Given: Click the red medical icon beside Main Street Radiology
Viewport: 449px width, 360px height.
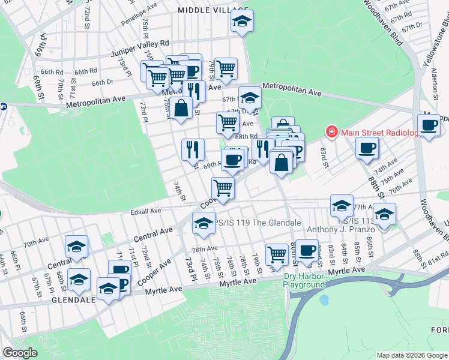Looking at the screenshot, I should pos(331,131).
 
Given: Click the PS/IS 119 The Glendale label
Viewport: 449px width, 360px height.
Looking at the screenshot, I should pos(259,223).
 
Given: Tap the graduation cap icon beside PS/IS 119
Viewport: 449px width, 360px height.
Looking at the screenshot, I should pos(203,223).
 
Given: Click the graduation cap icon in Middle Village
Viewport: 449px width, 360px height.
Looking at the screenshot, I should pos(242,22).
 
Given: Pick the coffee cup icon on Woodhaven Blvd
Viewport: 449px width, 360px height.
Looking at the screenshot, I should pos(429,125).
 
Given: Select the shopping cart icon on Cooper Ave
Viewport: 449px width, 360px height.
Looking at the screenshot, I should pos(223,187).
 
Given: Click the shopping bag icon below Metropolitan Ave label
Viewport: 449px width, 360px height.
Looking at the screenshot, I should pos(181,108).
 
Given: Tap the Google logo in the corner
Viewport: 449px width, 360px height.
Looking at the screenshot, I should pos(20,353).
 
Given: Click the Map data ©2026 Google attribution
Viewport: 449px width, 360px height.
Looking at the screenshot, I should pos(412,355).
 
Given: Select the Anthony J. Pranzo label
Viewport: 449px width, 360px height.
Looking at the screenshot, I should pos(337,229).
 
